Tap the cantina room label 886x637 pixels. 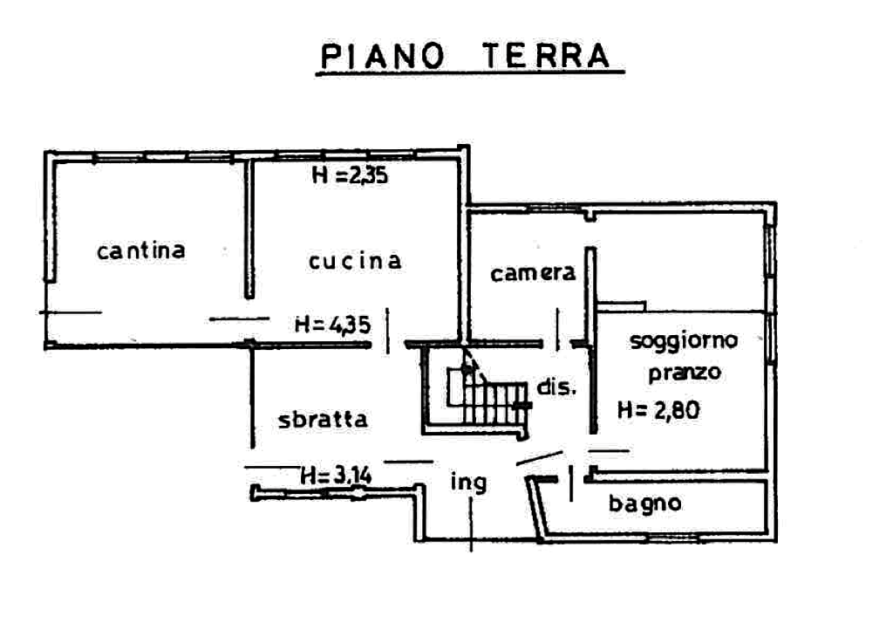coord(140,250)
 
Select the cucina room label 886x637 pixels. coord(356,261)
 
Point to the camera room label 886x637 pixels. coord(533,273)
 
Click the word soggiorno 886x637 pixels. coord(684,341)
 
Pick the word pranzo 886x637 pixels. coord(685,373)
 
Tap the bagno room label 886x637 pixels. coord(644,503)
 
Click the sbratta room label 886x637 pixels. coord(323,419)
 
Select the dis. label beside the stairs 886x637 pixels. coord(556,387)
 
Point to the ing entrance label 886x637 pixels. coord(468,483)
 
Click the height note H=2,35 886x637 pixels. coord(350,175)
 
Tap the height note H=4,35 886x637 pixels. coord(333,325)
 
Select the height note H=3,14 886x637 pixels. coord(336,475)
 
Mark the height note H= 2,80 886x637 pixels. coord(659,410)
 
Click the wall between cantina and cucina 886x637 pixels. coord(249,229)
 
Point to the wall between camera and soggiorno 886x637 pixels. coord(591,340)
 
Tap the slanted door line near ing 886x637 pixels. coord(540,458)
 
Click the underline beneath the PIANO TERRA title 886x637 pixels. coord(470,73)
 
